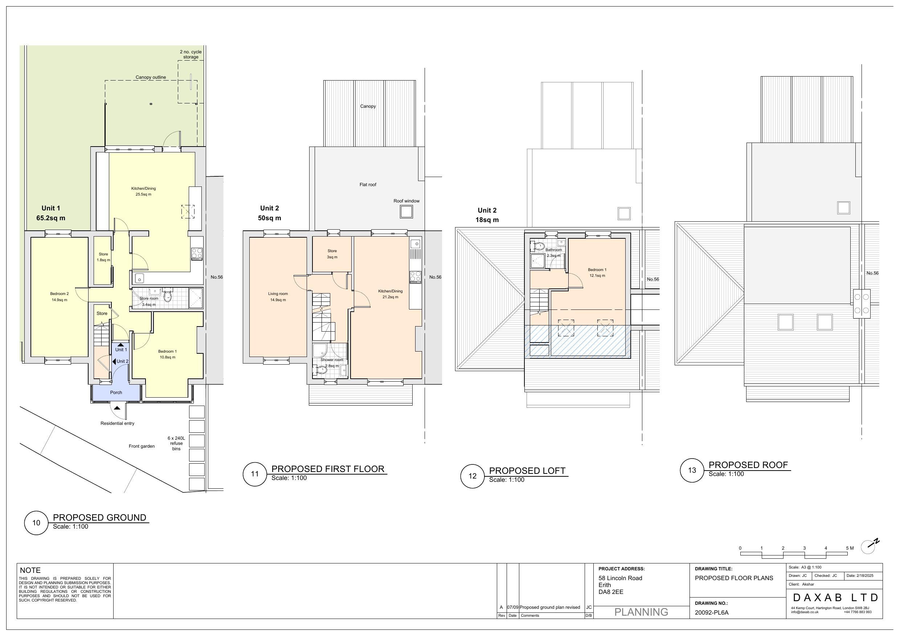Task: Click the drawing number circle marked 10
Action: click(36, 522)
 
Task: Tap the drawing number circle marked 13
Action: click(692, 470)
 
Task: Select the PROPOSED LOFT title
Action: click(527, 471)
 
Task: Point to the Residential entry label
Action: click(117, 423)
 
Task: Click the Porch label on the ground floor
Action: click(116, 392)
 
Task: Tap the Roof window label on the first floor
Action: click(406, 201)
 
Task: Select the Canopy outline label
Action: click(151, 77)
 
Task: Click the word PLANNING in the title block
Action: click(641, 612)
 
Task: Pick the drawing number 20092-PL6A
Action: click(711, 612)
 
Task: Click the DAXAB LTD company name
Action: click(835, 598)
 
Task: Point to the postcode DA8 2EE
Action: click(611, 592)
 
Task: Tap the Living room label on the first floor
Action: click(278, 294)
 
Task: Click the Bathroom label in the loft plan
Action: click(553, 250)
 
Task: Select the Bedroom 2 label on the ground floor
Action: click(59, 294)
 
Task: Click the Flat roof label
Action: click(368, 185)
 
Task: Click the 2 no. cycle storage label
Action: click(191, 54)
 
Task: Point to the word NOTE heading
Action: click(30, 570)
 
